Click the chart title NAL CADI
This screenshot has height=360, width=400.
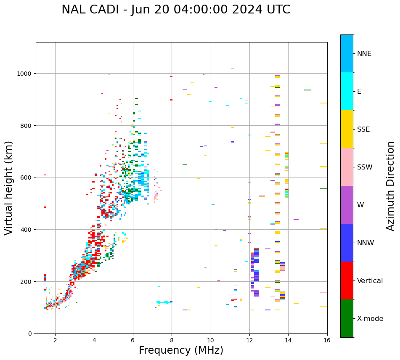[176, 10]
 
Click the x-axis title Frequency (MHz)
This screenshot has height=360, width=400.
[181, 350]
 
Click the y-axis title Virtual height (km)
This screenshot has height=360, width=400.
[9, 188]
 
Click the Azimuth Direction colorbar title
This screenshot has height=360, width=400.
[390, 186]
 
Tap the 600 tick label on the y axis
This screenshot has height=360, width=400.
[26, 177]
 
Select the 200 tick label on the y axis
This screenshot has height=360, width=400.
[26, 282]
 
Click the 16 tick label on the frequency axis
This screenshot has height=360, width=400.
[327, 341]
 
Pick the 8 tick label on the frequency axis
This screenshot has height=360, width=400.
[172, 341]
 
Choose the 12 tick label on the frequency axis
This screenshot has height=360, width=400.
[249, 341]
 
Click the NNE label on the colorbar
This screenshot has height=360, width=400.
[364, 54]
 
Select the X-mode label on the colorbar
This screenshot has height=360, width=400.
[370, 319]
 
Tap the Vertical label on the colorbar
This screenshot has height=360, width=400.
[370, 281]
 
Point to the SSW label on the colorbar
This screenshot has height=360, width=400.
[365, 167]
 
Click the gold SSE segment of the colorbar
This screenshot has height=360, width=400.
[347, 129]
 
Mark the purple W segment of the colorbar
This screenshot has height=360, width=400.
[347, 205]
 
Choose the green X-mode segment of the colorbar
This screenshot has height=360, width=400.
[347, 318]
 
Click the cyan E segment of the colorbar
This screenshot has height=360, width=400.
[347, 91]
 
